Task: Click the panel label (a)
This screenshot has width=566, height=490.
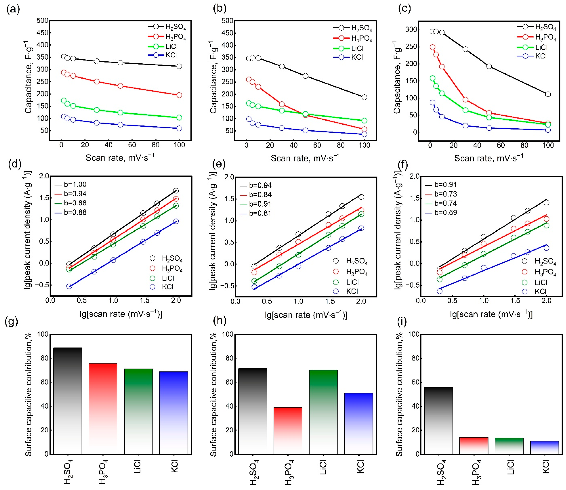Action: point(13,10)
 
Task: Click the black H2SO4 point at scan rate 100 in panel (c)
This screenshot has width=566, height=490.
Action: point(548,94)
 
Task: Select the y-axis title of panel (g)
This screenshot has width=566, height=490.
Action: point(28,394)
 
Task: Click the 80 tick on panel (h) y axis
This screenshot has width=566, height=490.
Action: point(227,358)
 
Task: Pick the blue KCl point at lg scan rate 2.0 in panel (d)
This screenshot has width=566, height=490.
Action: point(176,221)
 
